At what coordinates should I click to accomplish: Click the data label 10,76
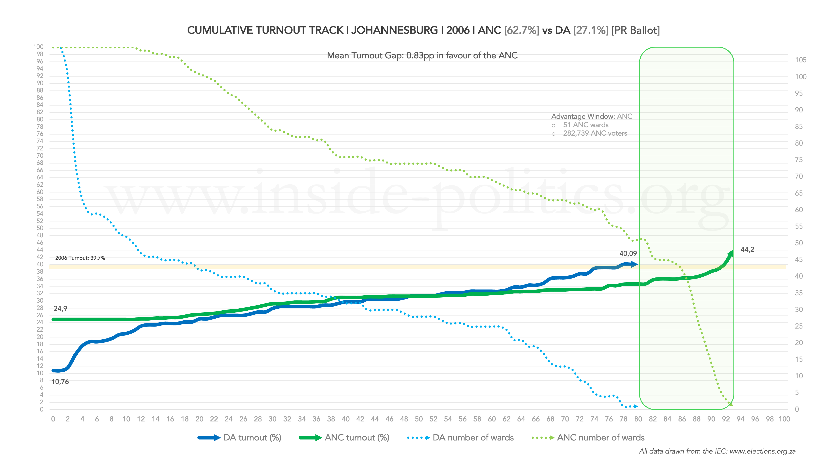(60, 382)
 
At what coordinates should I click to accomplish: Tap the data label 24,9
(60, 308)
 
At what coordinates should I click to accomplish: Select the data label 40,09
(628, 253)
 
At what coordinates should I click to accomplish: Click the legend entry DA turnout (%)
(252, 437)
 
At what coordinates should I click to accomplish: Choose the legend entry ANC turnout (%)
(357, 437)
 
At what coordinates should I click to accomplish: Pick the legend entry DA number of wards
(473, 437)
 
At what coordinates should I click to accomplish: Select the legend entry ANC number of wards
(600, 437)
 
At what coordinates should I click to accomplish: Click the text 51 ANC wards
(586, 125)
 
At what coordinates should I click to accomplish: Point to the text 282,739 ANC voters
(595, 133)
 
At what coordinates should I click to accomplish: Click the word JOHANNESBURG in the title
(394, 30)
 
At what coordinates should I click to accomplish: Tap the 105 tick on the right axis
(801, 60)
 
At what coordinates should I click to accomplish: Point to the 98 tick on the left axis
(40, 54)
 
